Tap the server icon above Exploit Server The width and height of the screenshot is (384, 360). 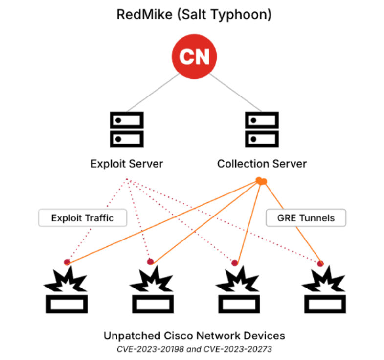pyautogui.click(x=126, y=128)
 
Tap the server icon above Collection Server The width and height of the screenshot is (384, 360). pyautogui.click(x=262, y=128)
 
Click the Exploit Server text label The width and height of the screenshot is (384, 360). pyautogui.click(x=126, y=163)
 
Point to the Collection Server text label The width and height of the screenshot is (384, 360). pyautogui.click(x=262, y=163)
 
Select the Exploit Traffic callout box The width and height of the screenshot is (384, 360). pyautogui.click(x=82, y=218)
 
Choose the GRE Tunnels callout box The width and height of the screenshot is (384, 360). pyautogui.click(x=306, y=218)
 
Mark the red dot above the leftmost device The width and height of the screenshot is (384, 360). pyautogui.click(x=67, y=262)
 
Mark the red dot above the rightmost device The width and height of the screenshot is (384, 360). pyautogui.click(x=320, y=264)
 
